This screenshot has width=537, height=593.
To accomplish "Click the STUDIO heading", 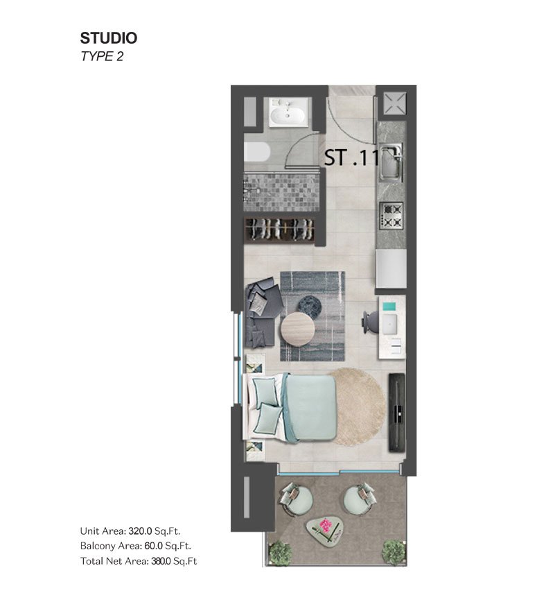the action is pyautogui.click(x=109, y=38).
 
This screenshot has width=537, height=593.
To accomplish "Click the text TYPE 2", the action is pyautogui.click(x=102, y=56).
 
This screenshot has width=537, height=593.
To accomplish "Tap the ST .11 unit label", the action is pyautogui.click(x=352, y=157).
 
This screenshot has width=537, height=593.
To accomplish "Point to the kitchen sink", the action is pyautogui.click(x=391, y=162).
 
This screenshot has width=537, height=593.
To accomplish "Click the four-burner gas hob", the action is pyautogui.click(x=391, y=215).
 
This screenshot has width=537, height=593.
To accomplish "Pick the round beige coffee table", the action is pyautogui.click(x=297, y=329).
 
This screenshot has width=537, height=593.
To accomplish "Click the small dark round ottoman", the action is pyautogui.click(x=310, y=306).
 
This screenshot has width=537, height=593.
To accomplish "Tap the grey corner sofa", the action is pyautogui.click(x=263, y=312).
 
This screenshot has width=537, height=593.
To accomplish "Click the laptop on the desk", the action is pyautogui.click(x=389, y=324).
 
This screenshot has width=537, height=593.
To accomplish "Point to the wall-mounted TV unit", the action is pyautogui.click(x=397, y=412).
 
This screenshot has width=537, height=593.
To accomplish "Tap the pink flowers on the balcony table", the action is pyautogui.click(x=325, y=525).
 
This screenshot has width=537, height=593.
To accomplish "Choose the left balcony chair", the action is pyautogui.click(x=296, y=500).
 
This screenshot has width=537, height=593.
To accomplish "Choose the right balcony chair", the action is pyautogui.click(x=360, y=499).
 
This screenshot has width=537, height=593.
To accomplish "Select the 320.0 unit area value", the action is pyautogui.click(x=140, y=531).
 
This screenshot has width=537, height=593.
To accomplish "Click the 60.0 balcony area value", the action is pyautogui.click(x=153, y=546).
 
